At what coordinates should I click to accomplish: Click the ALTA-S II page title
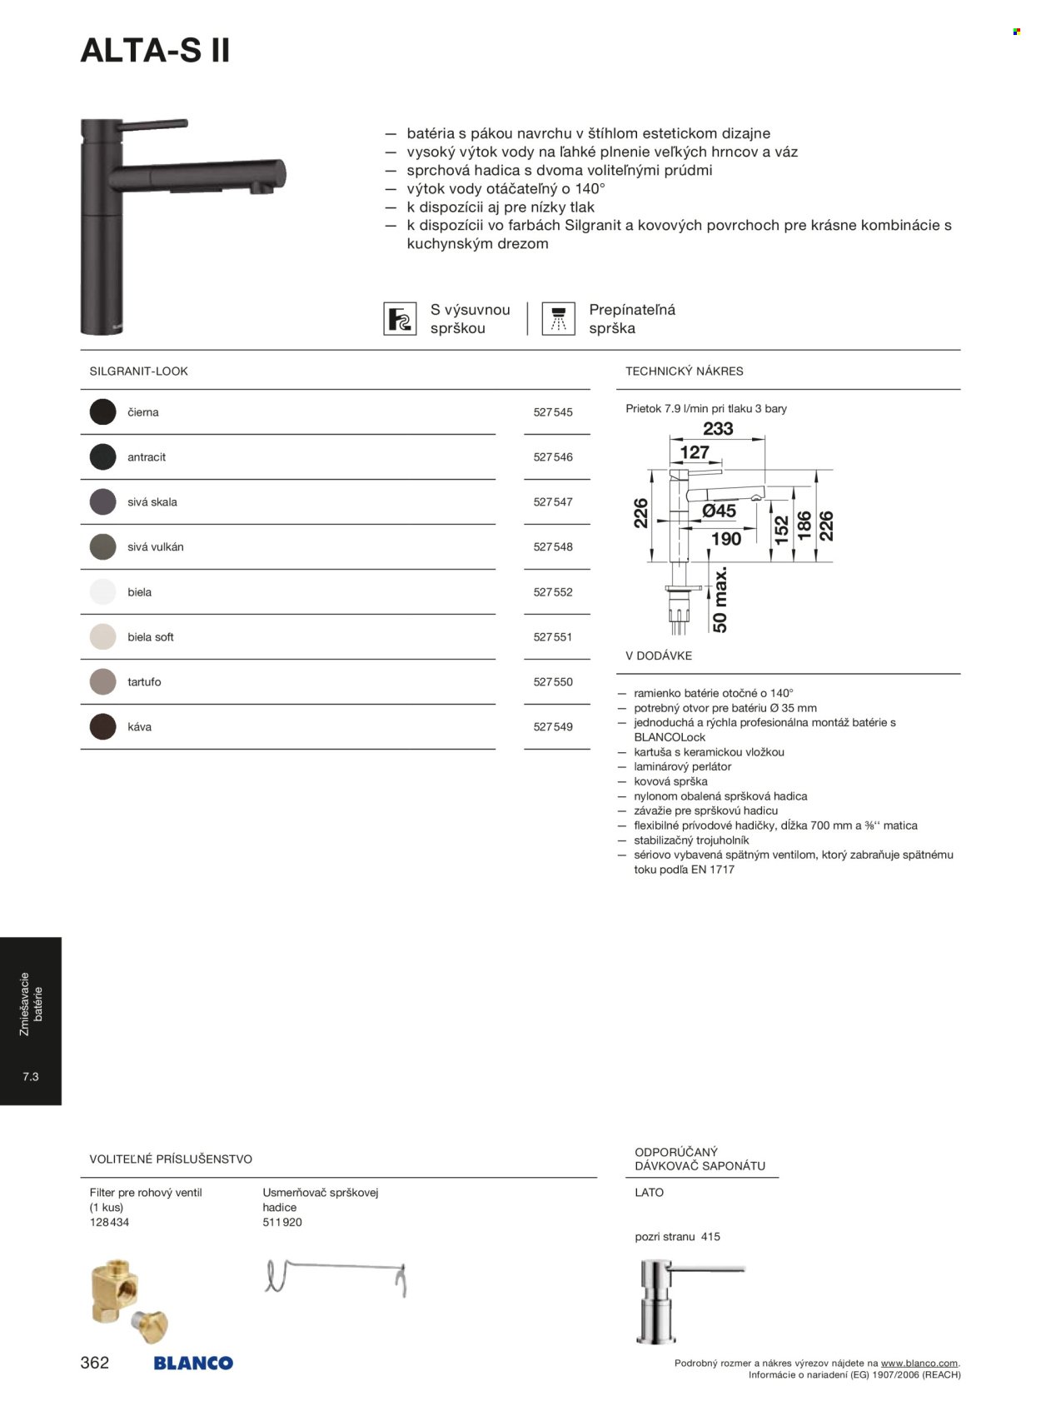pos(155,52)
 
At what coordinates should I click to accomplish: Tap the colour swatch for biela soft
pos(102,637)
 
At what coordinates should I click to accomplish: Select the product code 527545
pos(553,412)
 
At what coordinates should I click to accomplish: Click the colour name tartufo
pos(144,682)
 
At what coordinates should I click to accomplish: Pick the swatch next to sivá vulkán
pos(102,547)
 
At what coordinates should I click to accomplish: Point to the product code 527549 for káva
pos(553,727)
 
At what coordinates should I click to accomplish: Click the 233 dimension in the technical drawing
pos(718,429)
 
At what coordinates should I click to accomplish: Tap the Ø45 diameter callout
pos(719,511)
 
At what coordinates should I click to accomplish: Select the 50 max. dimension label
pos(720,599)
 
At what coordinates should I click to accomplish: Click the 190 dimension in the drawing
pos(726,539)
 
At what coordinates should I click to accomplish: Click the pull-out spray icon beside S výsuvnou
pos(400,319)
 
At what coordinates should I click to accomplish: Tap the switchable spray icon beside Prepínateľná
pos(558,319)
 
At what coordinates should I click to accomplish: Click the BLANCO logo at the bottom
pos(193,1364)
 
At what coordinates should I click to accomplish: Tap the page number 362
pos(95,1363)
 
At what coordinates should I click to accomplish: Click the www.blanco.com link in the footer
pos(919,1364)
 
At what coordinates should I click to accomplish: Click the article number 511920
pos(282,1222)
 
